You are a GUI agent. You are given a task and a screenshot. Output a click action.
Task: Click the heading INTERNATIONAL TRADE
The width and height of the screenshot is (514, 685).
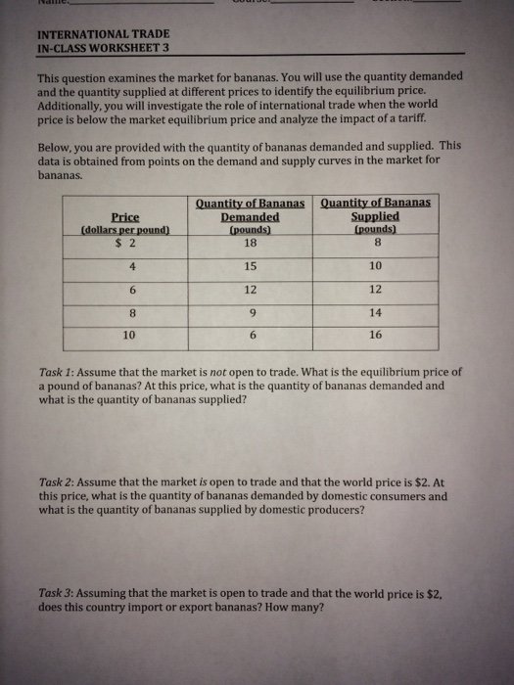[x=94, y=32]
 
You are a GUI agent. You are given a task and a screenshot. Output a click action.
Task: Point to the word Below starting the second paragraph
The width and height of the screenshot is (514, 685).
[x=58, y=142]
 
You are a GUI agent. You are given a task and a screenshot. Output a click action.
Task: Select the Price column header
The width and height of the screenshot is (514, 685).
[x=124, y=216]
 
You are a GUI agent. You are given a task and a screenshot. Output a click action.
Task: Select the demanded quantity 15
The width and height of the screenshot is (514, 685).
[x=251, y=266]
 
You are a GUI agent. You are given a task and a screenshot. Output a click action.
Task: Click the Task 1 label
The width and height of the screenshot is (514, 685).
[x=56, y=373]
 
